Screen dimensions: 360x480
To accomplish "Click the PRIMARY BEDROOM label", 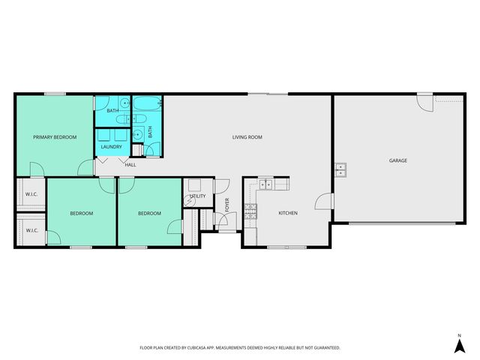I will tap(55, 137).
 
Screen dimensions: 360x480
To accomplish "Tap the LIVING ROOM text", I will tap(247, 137).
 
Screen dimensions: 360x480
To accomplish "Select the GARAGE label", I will tap(397, 160).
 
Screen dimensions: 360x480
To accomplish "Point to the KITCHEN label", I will tap(288, 213).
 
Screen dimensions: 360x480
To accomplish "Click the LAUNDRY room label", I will tap(112, 147).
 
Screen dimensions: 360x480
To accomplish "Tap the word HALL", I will tap(130, 164).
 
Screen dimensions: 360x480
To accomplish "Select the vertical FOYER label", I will tap(227, 204).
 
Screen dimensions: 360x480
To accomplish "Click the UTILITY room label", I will tap(197, 196).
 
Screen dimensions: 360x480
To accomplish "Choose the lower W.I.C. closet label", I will tap(31, 230).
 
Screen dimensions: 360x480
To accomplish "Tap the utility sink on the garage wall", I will tap(340, 169).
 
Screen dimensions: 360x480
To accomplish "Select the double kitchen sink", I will tap(266, 184).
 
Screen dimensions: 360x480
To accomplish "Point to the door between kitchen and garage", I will tap(324, 201).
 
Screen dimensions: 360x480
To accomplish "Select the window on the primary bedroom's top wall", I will tap(54, 94).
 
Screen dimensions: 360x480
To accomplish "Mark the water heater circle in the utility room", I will tap(190, 201).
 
